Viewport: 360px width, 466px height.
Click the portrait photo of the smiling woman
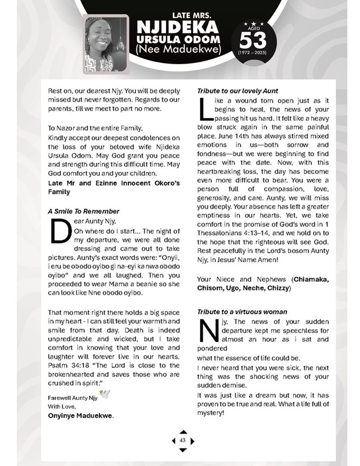106,44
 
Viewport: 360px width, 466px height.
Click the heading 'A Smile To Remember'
84,211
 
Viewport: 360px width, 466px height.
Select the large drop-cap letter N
206,331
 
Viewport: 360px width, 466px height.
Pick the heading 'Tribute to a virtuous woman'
242,311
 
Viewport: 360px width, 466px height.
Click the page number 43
183,440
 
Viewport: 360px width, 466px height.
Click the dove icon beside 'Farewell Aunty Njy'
105,394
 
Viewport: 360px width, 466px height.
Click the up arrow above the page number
183,432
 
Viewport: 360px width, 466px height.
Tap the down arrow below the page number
183,450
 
